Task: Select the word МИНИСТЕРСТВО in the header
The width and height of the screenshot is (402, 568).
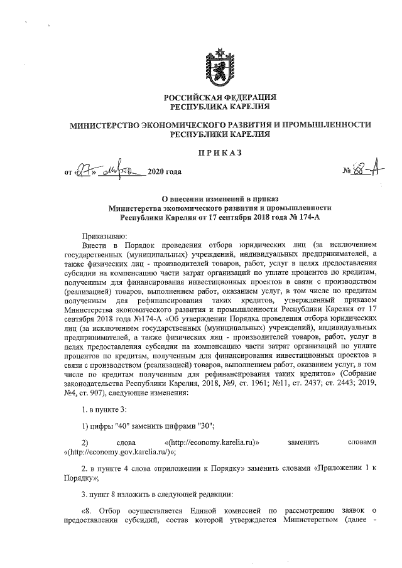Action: point(105,125)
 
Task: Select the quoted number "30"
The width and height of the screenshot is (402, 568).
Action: point(204,427)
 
